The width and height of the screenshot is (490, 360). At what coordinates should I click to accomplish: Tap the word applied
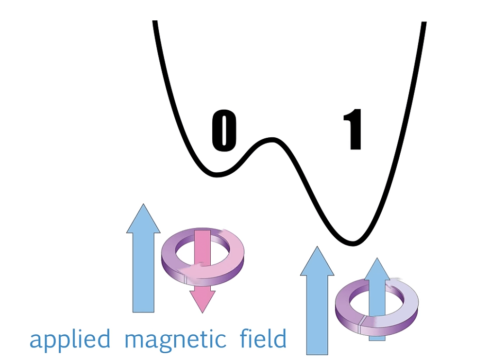[70, 340]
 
